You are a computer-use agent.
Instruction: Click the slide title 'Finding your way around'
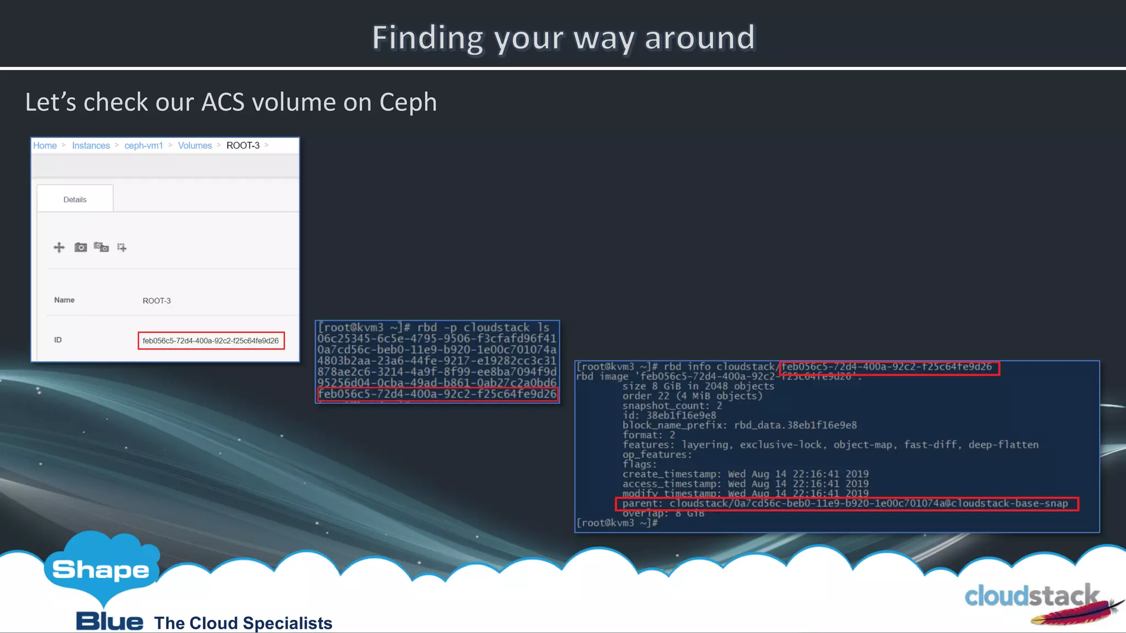point(564,37)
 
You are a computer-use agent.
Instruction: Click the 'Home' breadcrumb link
point(45,146)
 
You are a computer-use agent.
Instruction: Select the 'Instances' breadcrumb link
point(91,146)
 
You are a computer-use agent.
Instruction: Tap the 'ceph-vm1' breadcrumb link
point(143,146)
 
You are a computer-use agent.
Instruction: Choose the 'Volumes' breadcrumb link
point(195,146)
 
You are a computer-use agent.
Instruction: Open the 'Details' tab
point(75,199)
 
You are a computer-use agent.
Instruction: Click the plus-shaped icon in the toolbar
point(59,247)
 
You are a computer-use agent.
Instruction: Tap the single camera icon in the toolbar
point(81,247)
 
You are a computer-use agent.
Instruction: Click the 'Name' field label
point(64,300)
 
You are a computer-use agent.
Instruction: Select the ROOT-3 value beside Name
point(157,301)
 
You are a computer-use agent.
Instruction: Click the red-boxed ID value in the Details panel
point(211,341)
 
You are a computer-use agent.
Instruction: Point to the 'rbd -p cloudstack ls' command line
point(434,327)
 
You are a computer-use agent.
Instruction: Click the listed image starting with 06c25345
point(437,338)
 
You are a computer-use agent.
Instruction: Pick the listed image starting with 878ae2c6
point(437,371)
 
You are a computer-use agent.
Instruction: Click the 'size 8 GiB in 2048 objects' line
point(698,386)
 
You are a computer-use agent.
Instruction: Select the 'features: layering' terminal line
point(830,445)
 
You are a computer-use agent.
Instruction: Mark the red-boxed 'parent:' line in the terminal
point(847,503)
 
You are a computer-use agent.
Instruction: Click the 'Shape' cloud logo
point(101,569)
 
